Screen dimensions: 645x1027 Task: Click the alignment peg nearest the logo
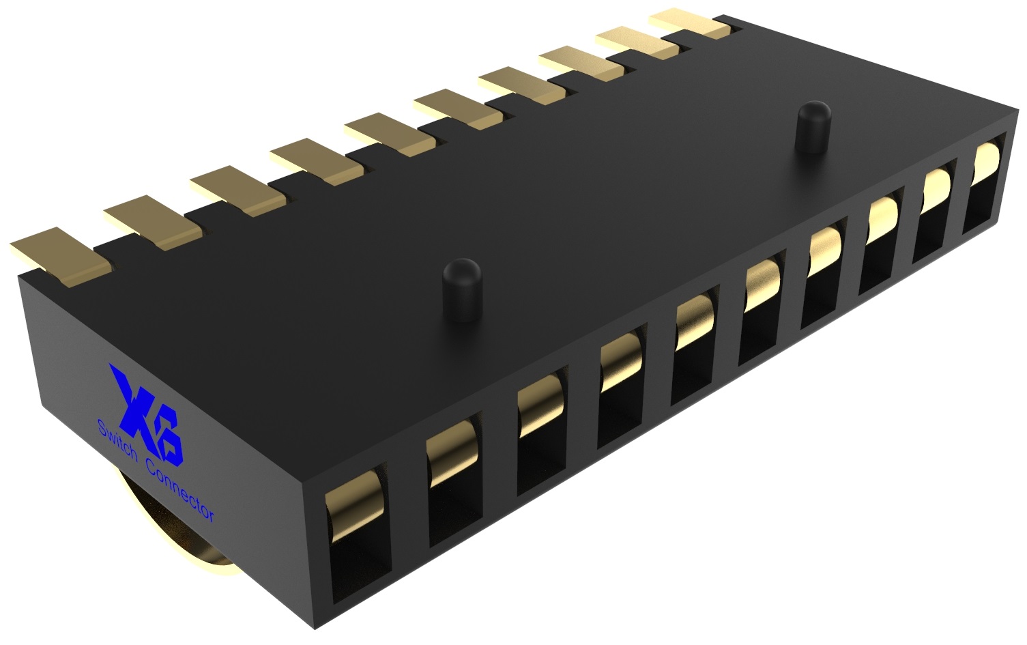click(x=462, y=287)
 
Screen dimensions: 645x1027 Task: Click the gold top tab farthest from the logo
click(x=689, y=25)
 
